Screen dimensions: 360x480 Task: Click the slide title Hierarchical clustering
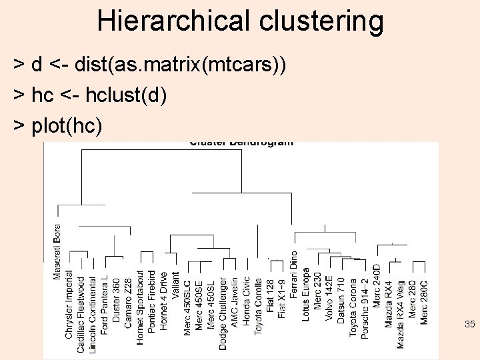point(240,21)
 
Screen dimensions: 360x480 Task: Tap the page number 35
point(469,325)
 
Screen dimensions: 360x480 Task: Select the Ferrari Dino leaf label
point(294,275)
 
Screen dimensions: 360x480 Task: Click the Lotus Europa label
point(306,295)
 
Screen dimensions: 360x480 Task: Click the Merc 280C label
point(424,301)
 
